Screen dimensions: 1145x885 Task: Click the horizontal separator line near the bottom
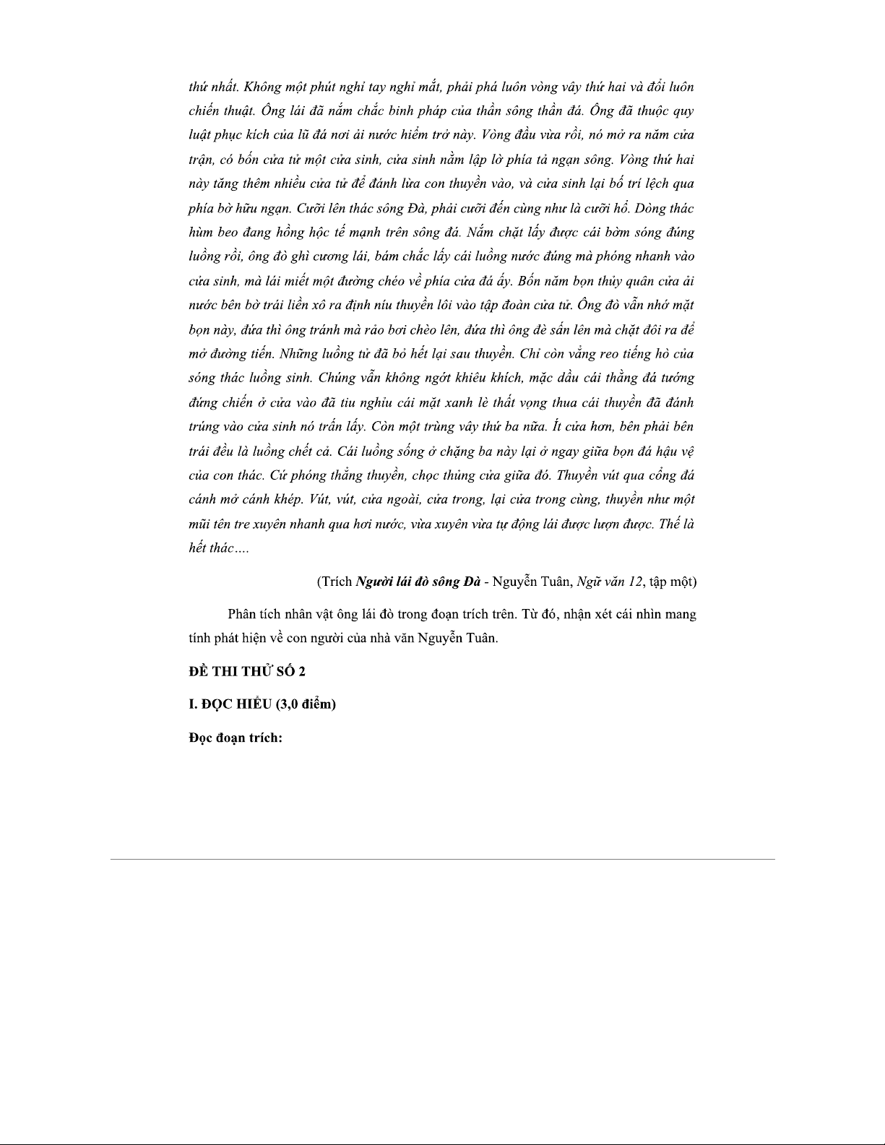point(442,859)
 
